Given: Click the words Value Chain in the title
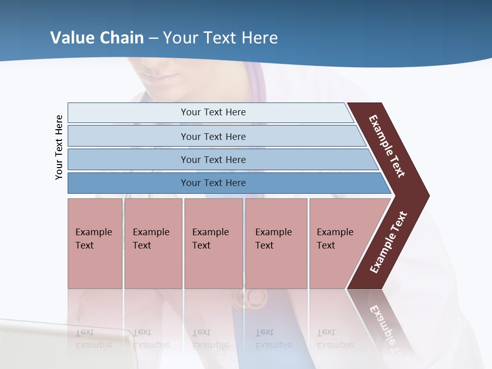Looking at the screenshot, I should coord(97,38).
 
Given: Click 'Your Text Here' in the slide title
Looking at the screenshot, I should coord(220,38).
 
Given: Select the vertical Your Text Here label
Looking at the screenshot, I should coord(59,148).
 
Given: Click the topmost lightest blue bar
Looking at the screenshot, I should coord(213,112).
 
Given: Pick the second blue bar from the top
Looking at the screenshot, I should coord(213,136).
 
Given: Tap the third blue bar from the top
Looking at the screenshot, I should coord(213,159).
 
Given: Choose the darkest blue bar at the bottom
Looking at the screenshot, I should coord(213,183).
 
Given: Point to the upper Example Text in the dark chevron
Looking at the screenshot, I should coord(387,146).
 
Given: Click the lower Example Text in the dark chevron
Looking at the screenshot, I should coord(388,242).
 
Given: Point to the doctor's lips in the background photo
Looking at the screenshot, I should coord(164,78).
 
